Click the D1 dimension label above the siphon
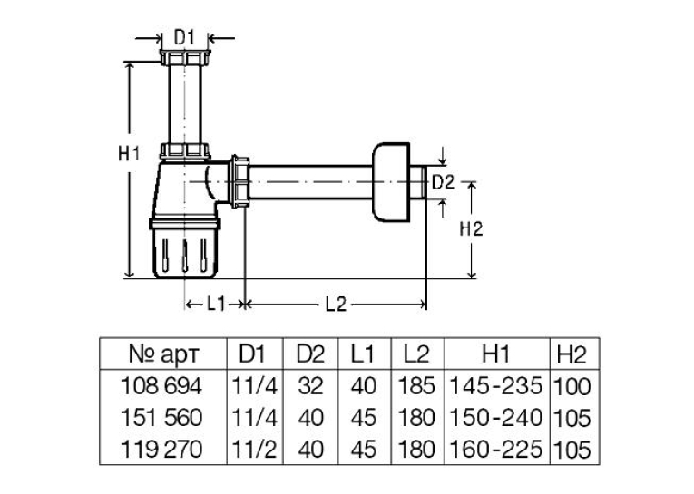coord(184,37)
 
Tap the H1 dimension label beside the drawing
coord(129,154)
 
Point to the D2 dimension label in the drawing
coord(443,182)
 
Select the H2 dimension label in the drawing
coord(471,229)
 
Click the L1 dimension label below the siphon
coord(216,305)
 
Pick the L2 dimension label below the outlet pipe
coord(336,305)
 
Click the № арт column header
coord(164,354)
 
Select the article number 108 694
coord(161,386)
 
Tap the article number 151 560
coord(161,418)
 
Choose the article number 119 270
coord(161,449)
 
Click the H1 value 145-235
coord(495,386)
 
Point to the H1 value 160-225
coord(495,449)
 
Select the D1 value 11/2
coord(255,449)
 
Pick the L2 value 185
coord(417,386)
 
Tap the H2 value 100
coord(572,386)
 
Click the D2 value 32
coord(310,386)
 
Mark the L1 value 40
coord(364,386)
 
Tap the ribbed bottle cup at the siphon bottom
coord(185,247)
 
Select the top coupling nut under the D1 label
coord(184,57)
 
